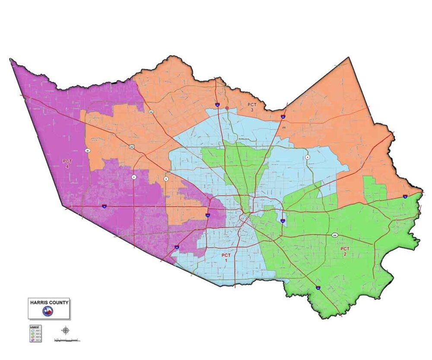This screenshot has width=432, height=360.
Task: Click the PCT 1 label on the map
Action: click(x=226, y=258)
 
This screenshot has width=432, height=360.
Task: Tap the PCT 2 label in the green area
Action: click(x=345, y=252)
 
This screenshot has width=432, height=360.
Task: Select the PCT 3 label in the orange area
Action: click(x=252, y=108)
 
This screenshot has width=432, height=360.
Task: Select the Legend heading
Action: click(x=35, y=327)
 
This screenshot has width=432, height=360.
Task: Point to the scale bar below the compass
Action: click(x=66, y=340)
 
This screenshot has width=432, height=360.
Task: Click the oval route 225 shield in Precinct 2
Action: click(x=335, y=235)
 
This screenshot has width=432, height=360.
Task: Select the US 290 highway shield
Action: click(x=132, y=147)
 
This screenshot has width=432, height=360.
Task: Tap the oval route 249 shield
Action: click(x=151, y=112)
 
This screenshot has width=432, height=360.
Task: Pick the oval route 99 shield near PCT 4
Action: click(x=87, y=150)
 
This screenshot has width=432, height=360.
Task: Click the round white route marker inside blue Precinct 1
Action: click(x=307, y=157)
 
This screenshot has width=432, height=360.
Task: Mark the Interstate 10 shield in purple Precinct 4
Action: click(x=105, y=207)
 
